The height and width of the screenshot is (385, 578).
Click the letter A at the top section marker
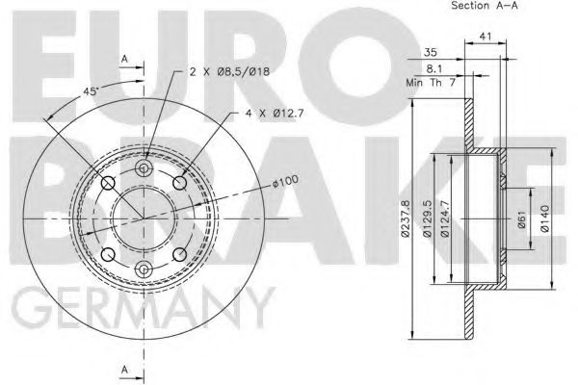(x=124, y=59)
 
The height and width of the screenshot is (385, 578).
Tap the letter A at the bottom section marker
(x=124, y=369)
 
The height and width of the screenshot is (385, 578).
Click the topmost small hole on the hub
(x=144, y=169)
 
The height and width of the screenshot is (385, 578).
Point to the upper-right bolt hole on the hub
(x=179, y=184)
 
